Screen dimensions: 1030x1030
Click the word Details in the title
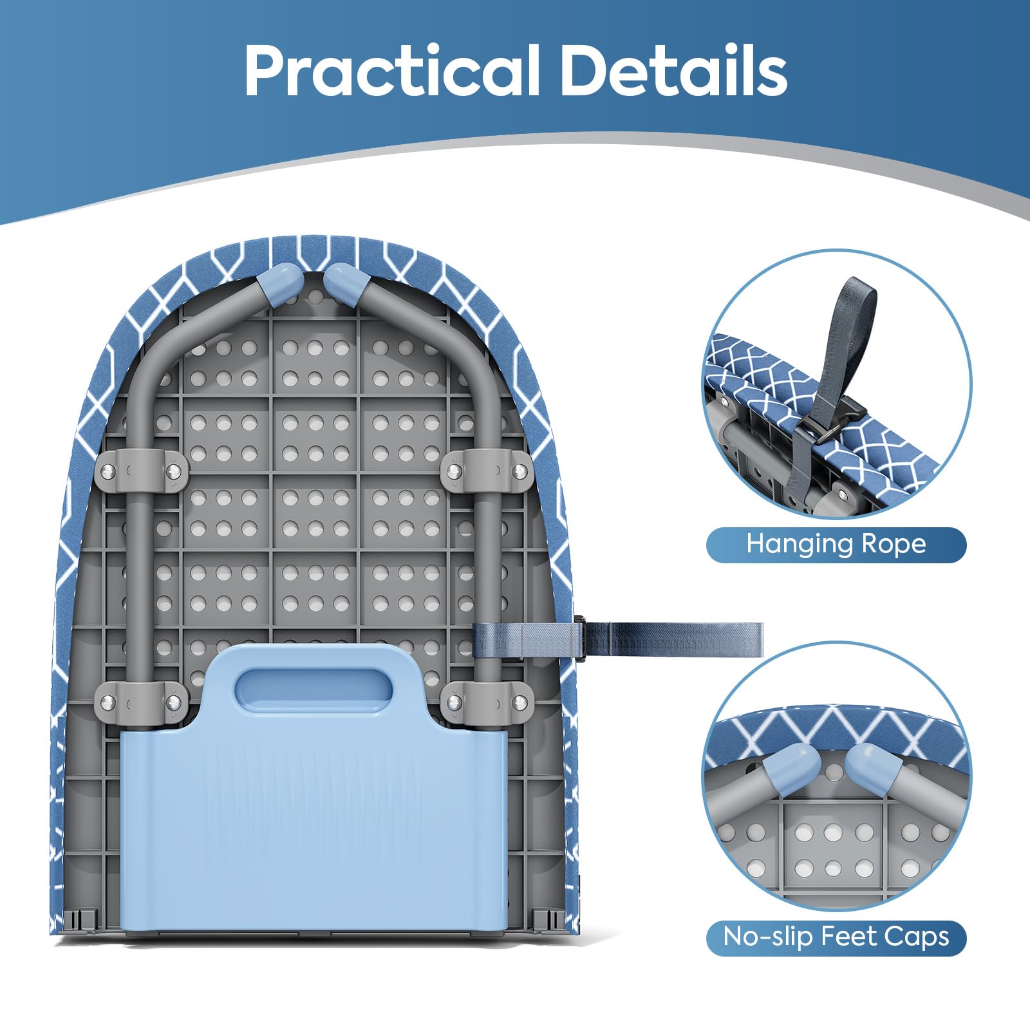[x=674, y=70]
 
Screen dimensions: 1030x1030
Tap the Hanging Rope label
[x=836, y=545]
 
